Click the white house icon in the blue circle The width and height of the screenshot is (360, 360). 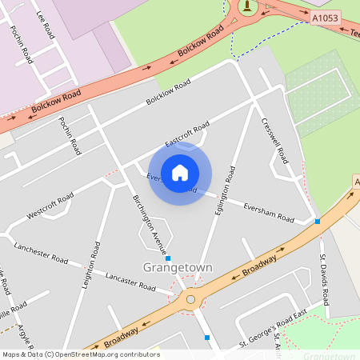click(180, 172)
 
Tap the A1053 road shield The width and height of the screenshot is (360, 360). click(324, 17)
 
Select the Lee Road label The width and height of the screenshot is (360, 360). click(46, 26)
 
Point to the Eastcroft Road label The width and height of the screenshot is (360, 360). click(187, 134)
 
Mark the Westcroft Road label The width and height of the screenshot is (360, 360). click(50, 205)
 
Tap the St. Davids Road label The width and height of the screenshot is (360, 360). click(324, 279)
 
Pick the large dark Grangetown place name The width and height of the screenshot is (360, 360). click(178, 267)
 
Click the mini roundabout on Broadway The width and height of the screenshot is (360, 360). click(190, 300)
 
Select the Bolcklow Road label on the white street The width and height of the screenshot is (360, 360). click(168, 94)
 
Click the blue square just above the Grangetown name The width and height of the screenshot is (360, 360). click(168, 258)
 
